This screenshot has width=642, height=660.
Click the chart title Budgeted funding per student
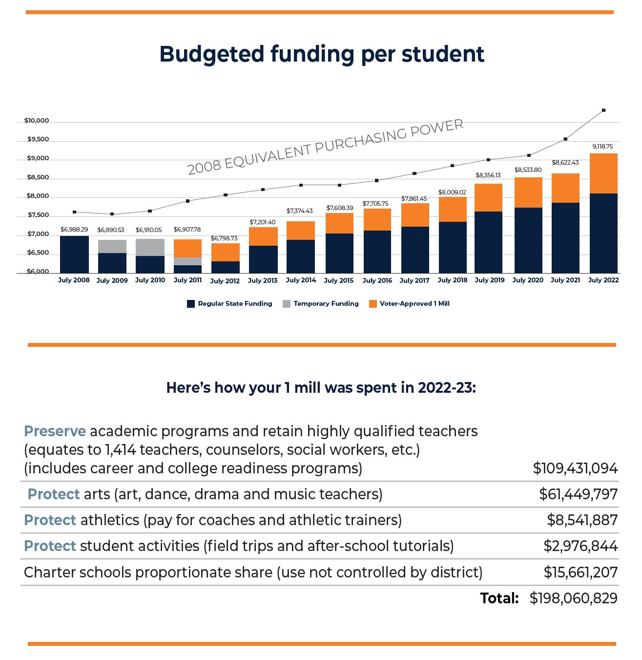tap(321, 54)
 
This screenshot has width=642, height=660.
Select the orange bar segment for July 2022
tap(603, 173)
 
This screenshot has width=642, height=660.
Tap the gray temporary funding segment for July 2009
tap(112, 246)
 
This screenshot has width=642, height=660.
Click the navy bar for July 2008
tap(74, 254)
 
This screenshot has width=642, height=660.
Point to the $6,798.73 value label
tap(224, 238)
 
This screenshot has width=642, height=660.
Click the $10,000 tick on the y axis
tap(37, 121)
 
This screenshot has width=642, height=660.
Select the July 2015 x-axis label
tap(338, 280)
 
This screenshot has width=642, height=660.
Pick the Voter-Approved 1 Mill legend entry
tap(414, 303)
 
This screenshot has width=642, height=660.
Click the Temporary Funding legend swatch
tap(287, 304)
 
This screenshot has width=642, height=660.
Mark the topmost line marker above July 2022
tap(603, 110)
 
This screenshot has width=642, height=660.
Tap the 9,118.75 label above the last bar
tap(602, 147)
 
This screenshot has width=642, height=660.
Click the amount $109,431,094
tap(575, 468)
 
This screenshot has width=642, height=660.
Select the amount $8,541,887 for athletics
tap(582, 520)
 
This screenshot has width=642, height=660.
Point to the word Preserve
tap(55, 431)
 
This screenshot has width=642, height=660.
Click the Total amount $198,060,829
tap(573, 598)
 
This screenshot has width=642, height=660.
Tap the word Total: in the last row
tap(499, 598)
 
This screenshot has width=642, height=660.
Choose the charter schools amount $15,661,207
tap(580, 572)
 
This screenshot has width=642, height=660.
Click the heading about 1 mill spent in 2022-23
tap(321, 388)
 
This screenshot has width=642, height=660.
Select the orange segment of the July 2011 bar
tap(187, 248)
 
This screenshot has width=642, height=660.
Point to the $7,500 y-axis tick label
tap(38, 215)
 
